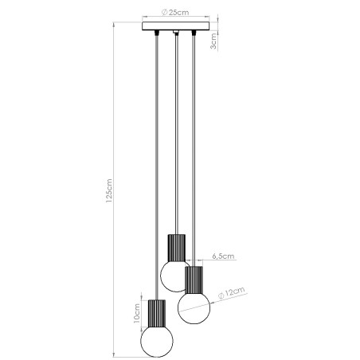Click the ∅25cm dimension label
click(x=174, y=11)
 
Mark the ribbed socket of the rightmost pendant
click(x=194, y=279)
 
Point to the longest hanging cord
click(x=156, y=159)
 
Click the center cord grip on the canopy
click(x=174, y=34)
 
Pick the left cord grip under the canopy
click(x=156, y=34)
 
